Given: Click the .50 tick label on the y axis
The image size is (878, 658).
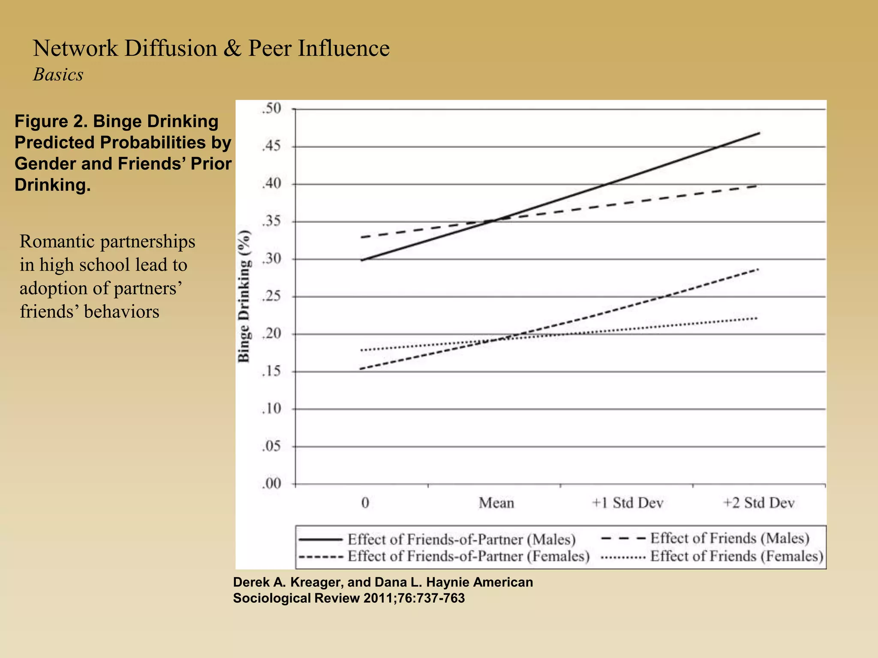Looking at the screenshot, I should coord(271,109).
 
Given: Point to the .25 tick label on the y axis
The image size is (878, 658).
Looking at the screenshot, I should coord(271,296).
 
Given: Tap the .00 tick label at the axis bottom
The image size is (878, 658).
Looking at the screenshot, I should coord(271,484).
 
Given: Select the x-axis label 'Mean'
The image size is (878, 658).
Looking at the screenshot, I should coord(496,502).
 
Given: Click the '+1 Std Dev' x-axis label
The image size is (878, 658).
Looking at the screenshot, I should coord(628,502).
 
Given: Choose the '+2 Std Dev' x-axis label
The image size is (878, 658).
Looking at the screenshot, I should coord(759,502).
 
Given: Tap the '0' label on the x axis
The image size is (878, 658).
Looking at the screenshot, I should coord(365,502).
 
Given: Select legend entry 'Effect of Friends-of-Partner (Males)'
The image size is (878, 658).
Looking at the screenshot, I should coord(461,539).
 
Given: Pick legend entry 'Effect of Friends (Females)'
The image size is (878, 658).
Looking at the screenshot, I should coord(737,556).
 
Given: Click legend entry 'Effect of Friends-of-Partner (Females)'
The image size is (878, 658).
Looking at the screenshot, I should coord(468,556).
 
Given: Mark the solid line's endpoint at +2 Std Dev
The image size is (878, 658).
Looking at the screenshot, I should coord(759,133).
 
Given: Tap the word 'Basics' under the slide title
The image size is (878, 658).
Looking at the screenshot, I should coord(58,75).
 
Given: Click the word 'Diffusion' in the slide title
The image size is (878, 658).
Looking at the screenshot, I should coord(171,48).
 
